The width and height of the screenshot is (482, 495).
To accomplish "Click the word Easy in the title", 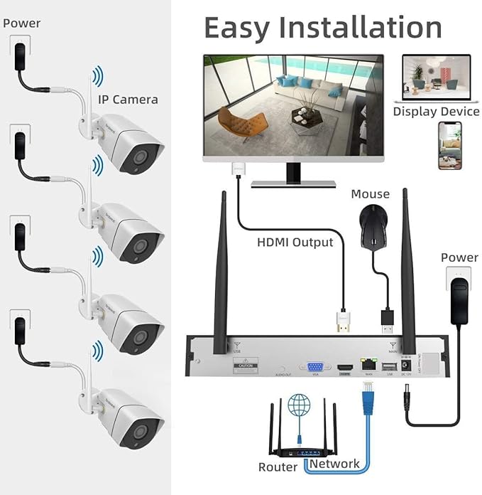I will [x=236, y=27].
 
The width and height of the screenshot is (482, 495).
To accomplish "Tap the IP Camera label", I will [x=128, y=99].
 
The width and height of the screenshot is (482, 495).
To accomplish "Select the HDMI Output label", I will [x=294, y=242].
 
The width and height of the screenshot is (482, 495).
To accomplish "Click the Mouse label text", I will [x=370, y=193].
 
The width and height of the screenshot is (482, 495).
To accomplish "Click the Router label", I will [x=278, y=467].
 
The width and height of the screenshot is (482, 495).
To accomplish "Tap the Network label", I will [x=334, y=464].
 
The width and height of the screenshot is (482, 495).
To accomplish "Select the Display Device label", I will [x=436, y=112].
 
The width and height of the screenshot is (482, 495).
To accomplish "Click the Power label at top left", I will [x=21, y=23].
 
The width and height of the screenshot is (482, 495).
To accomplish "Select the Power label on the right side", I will [x=459, y=257].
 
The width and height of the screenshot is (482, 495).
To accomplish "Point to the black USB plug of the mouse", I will [x=388, y=321].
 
